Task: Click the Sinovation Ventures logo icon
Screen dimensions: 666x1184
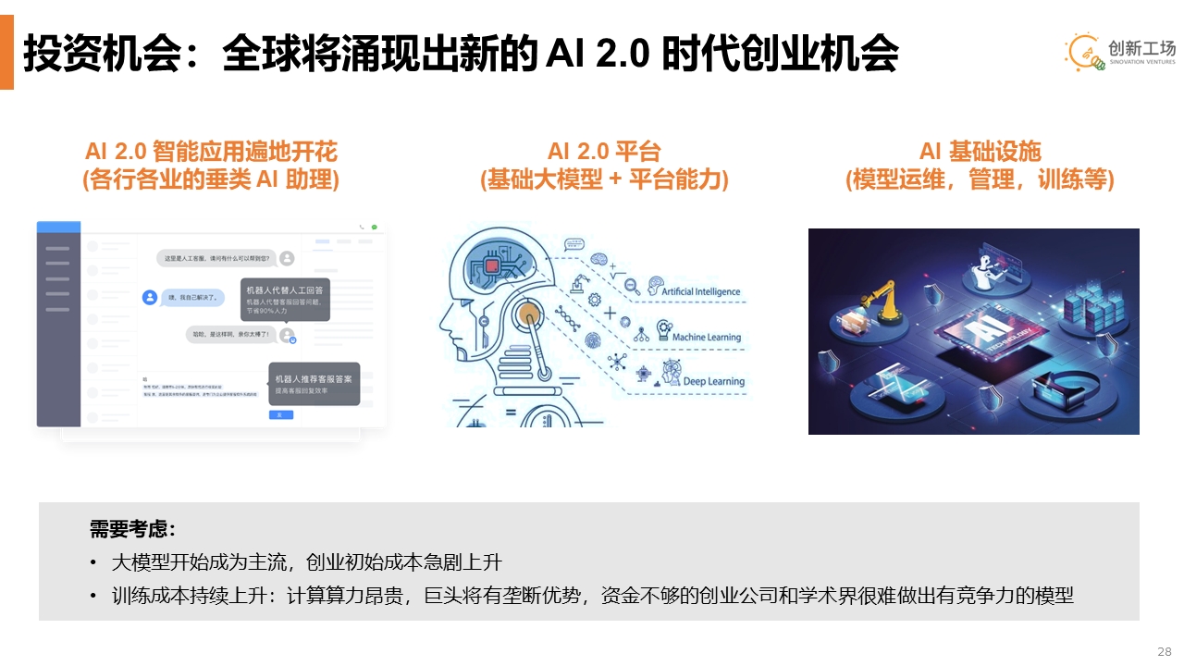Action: coord(1084,52)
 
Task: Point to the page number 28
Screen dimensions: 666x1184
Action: coord(1165,651)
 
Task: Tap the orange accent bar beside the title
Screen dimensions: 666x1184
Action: coord(6,52)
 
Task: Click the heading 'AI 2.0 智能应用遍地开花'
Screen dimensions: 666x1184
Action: coord(211,152)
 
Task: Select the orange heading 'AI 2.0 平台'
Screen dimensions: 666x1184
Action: coord(604,152)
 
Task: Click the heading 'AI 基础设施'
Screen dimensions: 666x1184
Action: coord(980,152)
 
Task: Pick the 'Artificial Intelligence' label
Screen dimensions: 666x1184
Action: coord(700,291)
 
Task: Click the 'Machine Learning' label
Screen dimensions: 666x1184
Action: coord(706,338)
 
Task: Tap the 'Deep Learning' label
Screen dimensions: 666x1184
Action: coord(713,381)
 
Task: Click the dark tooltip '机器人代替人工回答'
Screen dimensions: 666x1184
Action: coord(285,298)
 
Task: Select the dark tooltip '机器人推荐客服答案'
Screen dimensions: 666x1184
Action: coord(314,384)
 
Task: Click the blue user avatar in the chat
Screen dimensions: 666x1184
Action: coord(149,297)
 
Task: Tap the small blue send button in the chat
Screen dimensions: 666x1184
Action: coord(279,414)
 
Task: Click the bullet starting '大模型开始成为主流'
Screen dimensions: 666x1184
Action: coord(306,562)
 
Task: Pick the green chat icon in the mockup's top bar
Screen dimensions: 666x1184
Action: coord(375,227)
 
